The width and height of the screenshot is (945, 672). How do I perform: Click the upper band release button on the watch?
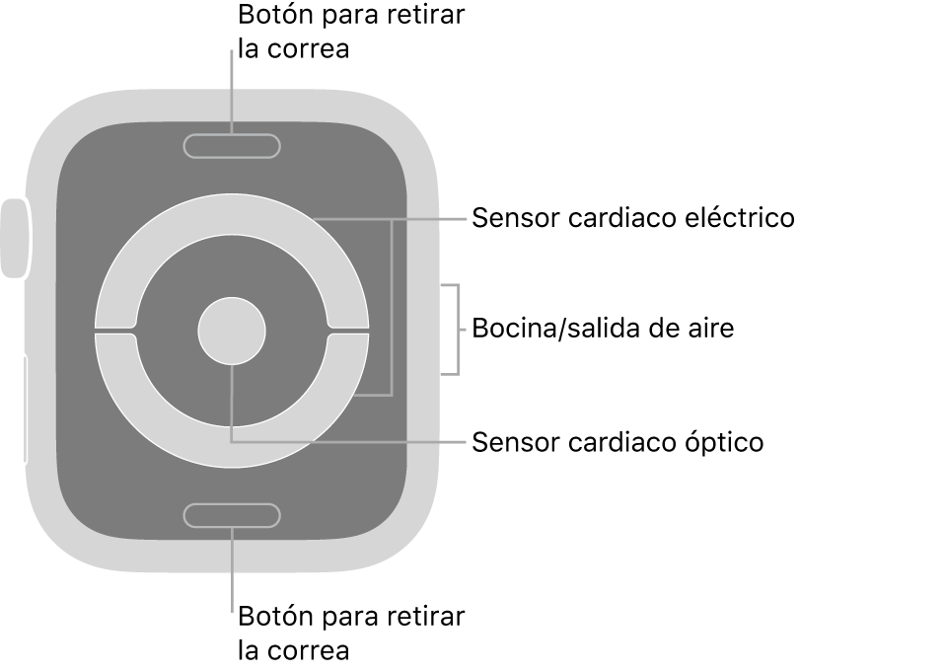coord(232,147)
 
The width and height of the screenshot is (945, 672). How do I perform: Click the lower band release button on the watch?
coord(232,514)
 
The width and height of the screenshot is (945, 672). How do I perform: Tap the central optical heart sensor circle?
coord(232,330)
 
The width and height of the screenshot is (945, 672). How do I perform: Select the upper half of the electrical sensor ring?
coord(232,215)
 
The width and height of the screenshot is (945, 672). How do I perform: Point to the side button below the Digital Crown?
coord(24,410)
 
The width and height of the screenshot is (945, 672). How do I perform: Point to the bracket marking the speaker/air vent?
coord(457,329)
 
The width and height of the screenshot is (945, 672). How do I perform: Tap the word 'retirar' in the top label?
coord(425,18)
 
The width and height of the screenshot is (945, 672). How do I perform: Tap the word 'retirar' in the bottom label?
coord(425,619)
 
